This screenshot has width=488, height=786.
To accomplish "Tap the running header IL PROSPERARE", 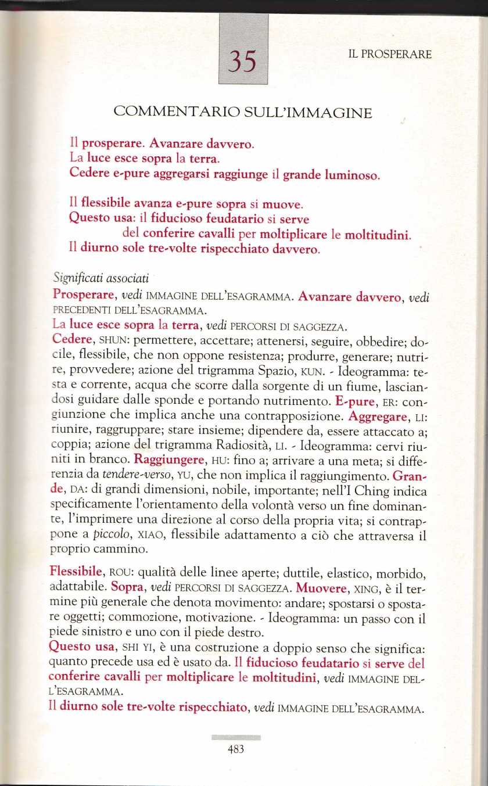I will tap(390, 55).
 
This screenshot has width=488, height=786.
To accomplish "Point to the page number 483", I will tap(235, 749).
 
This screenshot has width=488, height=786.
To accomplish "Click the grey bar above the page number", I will tap(235, 737).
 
